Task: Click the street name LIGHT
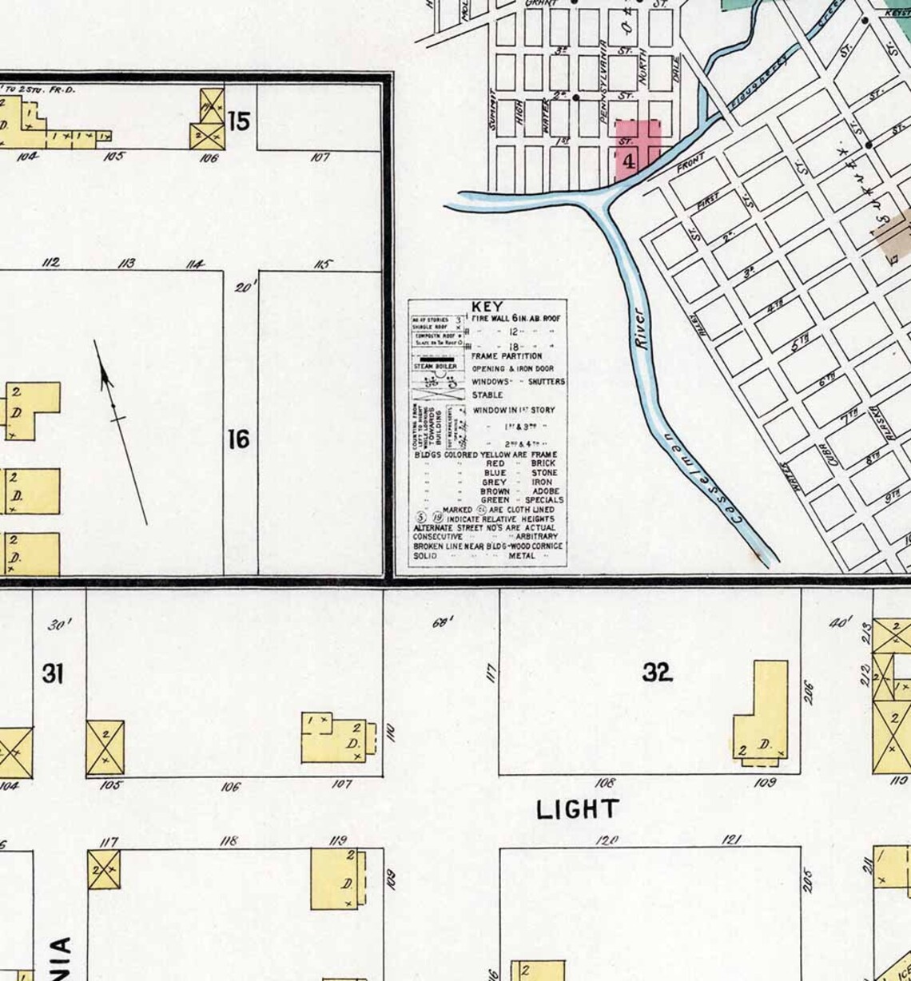(577, 809)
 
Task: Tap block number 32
(657, 673)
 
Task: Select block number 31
(52, 673)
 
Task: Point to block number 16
(238, 439)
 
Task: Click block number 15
(238, 121)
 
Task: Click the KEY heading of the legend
(487, 306)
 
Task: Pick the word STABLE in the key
(487, 395)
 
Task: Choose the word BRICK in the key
(543, 463)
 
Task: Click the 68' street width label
(442, 622)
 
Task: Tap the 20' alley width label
(243, 286)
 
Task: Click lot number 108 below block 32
(606, 783)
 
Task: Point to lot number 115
(322, 264)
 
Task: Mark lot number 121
(731, 839)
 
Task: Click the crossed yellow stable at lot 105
(105, 747)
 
